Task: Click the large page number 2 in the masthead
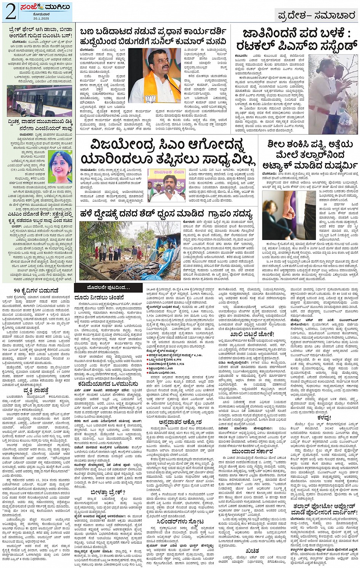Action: [10, 11]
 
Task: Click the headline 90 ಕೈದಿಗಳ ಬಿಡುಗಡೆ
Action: [36, 291]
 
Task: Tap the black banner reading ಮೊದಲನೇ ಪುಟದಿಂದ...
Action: [102, 287]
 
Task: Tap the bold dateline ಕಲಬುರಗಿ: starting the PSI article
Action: [241, 56]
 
